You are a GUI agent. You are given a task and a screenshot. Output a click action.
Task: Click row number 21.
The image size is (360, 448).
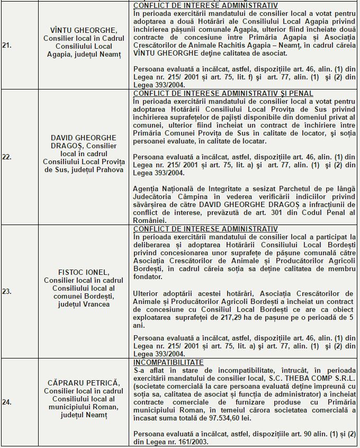point(7,46)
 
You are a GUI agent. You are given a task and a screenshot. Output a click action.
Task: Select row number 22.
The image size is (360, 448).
point(7,157)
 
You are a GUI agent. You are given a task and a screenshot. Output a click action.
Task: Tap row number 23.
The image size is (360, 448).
point(7,291)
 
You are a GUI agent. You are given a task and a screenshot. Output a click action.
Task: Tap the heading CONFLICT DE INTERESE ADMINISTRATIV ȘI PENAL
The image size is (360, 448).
point(223,94)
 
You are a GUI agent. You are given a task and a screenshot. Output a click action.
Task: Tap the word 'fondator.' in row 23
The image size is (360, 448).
point(148,276)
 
